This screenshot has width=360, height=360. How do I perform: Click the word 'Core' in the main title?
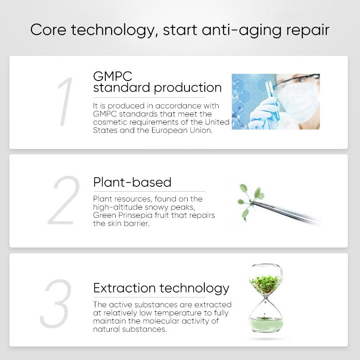click(48, 30)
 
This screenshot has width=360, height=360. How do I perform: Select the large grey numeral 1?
click(65, 102)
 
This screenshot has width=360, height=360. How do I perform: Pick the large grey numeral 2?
click(64, 200)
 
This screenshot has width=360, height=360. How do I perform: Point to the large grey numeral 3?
click(55, 303)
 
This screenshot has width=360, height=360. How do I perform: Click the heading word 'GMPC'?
click(112, 76)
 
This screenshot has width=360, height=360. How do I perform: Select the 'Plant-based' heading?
click(132, 182)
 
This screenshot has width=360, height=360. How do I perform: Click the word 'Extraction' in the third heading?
click(125, 288)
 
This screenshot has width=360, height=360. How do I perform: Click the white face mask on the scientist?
click(296, 102)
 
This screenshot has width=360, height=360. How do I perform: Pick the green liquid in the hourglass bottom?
click(266, 324)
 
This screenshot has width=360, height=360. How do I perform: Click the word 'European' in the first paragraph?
click(170, 130)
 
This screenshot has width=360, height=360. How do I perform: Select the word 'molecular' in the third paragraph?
click(161, 321)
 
